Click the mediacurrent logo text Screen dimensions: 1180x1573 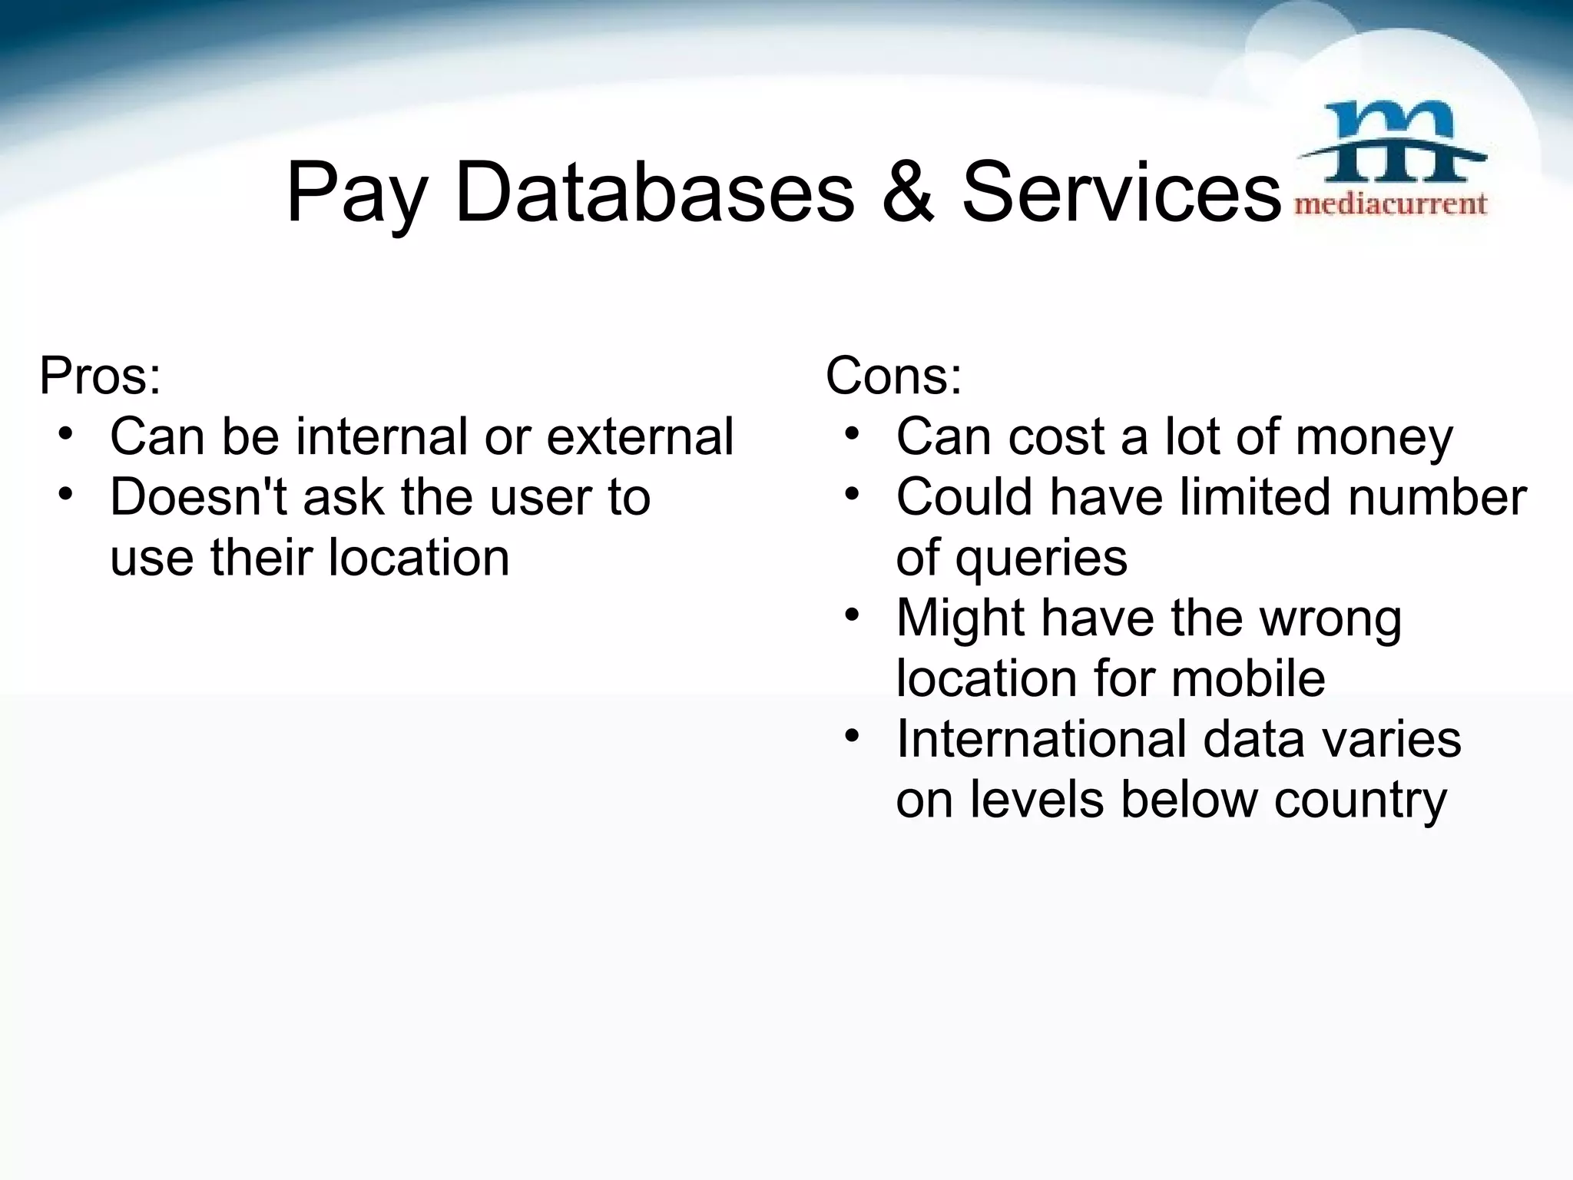click(1391, 204)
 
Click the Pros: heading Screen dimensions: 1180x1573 click(101, 376)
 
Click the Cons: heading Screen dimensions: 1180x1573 click(893, 376)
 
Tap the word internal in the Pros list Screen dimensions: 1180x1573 click(383, 436)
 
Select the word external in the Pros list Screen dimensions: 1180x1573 click(640, 436)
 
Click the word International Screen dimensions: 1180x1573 click(1043, 739)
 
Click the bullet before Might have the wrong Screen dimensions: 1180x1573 click(851, 616)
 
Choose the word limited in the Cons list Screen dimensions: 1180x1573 click(1257, 497)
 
